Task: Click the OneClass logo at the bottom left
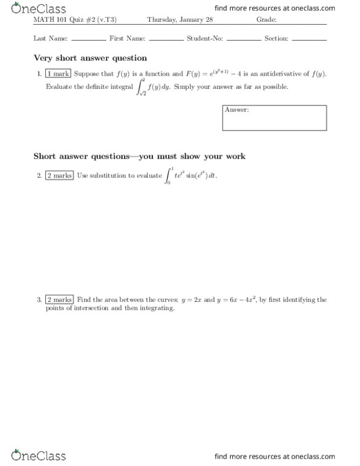38,456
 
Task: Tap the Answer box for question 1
274,118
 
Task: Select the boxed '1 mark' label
58,74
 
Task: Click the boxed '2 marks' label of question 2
59,176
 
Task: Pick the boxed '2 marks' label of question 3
59,300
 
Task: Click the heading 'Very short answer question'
90,58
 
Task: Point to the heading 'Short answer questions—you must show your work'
139,156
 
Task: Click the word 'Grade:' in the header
266,19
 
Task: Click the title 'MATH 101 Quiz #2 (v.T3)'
70,19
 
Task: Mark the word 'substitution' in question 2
110,176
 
